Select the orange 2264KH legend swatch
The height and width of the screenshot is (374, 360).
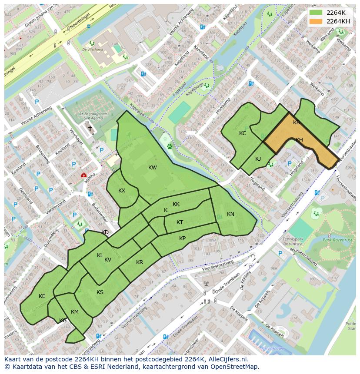316,21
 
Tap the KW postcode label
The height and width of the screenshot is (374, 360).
152,168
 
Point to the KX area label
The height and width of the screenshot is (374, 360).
122,191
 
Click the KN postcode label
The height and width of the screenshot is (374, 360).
230,214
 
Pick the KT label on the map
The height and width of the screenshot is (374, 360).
180,222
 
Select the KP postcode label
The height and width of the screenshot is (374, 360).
182,238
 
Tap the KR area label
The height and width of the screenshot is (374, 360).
140,262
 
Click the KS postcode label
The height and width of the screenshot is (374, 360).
100,292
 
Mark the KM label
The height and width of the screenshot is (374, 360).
75,312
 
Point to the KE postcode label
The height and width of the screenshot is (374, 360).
42,296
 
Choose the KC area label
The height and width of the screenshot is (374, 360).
243,133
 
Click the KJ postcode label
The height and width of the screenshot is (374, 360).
258,159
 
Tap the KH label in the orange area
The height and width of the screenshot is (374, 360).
299,140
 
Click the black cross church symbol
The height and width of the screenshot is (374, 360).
90,128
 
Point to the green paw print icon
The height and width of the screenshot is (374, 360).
169,147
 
